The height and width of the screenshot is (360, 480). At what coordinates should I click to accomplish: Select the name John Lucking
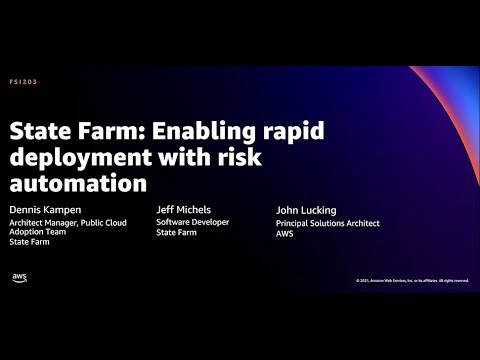point(307,210)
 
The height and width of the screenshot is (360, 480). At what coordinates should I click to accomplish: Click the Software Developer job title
point(193,221)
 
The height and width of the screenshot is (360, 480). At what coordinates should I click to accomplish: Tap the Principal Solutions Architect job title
point(327,223)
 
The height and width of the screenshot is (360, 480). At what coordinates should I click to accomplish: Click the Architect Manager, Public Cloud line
point(68,222)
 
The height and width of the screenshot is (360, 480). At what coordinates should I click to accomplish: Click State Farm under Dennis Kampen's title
point(31,243)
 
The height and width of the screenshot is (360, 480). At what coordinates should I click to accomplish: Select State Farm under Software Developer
point(176,232)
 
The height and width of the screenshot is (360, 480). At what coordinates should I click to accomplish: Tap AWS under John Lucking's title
point(284,234)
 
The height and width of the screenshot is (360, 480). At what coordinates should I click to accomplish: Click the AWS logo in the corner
point(20,278)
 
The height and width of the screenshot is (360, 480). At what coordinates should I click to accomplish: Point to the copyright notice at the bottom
point(411,280)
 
